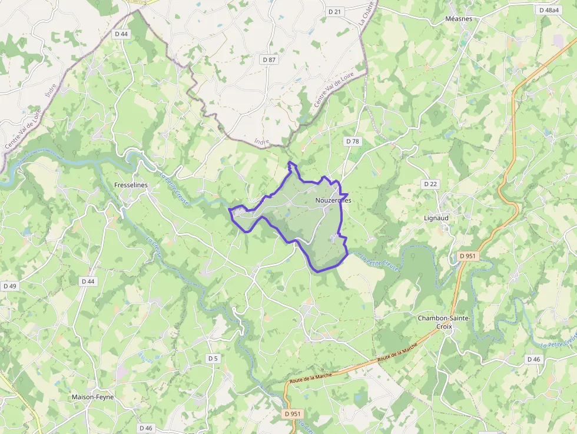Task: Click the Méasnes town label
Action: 459,19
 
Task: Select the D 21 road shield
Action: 334,12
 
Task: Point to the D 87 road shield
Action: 269,60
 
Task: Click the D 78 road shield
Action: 352,141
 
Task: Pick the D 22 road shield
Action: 430,184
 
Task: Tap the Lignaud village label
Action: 436,218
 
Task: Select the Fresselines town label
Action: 131,185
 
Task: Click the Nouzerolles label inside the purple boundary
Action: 333,200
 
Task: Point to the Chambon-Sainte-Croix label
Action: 444,322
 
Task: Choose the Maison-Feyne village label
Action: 92,397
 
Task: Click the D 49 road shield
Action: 10,286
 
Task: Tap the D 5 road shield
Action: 213,358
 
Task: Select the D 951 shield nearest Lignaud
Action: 467,256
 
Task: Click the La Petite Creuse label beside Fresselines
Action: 174,188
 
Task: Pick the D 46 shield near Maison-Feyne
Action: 145,428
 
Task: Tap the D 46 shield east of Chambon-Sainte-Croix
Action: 533,359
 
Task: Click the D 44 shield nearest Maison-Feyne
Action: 88,281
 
